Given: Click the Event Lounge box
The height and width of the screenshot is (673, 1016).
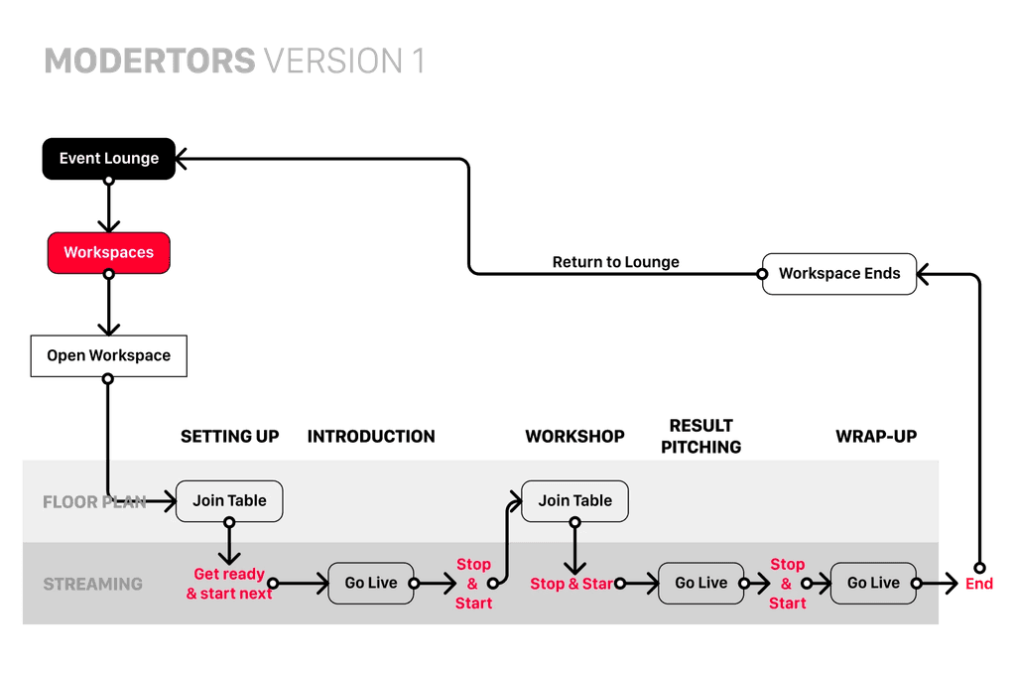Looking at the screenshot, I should (x=108, y=158).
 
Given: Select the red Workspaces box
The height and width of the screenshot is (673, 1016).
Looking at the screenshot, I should (x=108, y=252).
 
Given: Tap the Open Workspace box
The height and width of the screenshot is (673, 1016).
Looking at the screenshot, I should (x=108, y=355).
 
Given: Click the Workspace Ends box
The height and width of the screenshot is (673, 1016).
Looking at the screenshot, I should (x=838, y=273).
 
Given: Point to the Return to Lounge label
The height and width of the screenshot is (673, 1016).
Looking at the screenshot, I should (x=616, y=262).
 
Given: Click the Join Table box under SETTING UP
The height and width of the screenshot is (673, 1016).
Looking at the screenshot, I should (x=229, y=500).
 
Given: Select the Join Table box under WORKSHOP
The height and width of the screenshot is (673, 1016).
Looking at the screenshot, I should (x=574, y=500).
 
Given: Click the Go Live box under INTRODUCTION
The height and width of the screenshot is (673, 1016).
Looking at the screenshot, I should (x=370, y=583).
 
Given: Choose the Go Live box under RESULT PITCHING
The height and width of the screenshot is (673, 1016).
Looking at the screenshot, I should (x=700, y=583).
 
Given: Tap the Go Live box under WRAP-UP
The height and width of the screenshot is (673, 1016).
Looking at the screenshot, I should (x=872, y=583).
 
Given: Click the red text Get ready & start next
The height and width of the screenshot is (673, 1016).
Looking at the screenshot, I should (x=229, y=584).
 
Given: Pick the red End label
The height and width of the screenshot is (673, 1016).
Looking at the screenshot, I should (x=979, y=584).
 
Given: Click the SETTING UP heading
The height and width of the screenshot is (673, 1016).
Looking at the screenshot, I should (x=229, y=436).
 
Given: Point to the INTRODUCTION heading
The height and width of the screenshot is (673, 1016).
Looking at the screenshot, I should (x=370, y=436).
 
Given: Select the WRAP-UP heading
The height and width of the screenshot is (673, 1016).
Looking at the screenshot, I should (x=876, y=436).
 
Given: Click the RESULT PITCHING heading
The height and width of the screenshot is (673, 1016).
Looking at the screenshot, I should (x=701, y=436).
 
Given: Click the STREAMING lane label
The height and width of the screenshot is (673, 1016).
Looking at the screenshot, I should (x=92, y=584).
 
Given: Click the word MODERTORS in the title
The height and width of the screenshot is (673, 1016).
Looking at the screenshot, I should (x=150, y=61).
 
